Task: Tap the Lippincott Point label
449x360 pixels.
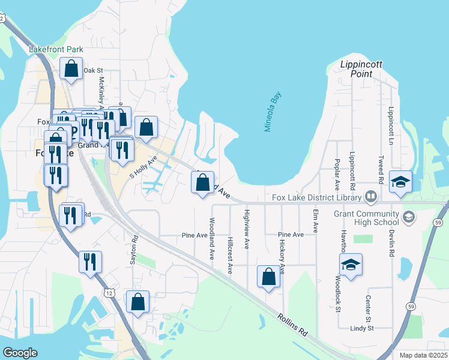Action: coord(361,69)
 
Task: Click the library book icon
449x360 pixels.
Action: coord(371,197)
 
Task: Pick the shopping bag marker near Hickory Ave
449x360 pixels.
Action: coord(268,277)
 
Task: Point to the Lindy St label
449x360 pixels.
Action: coord(362,328)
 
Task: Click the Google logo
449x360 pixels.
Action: coord(20,353)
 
